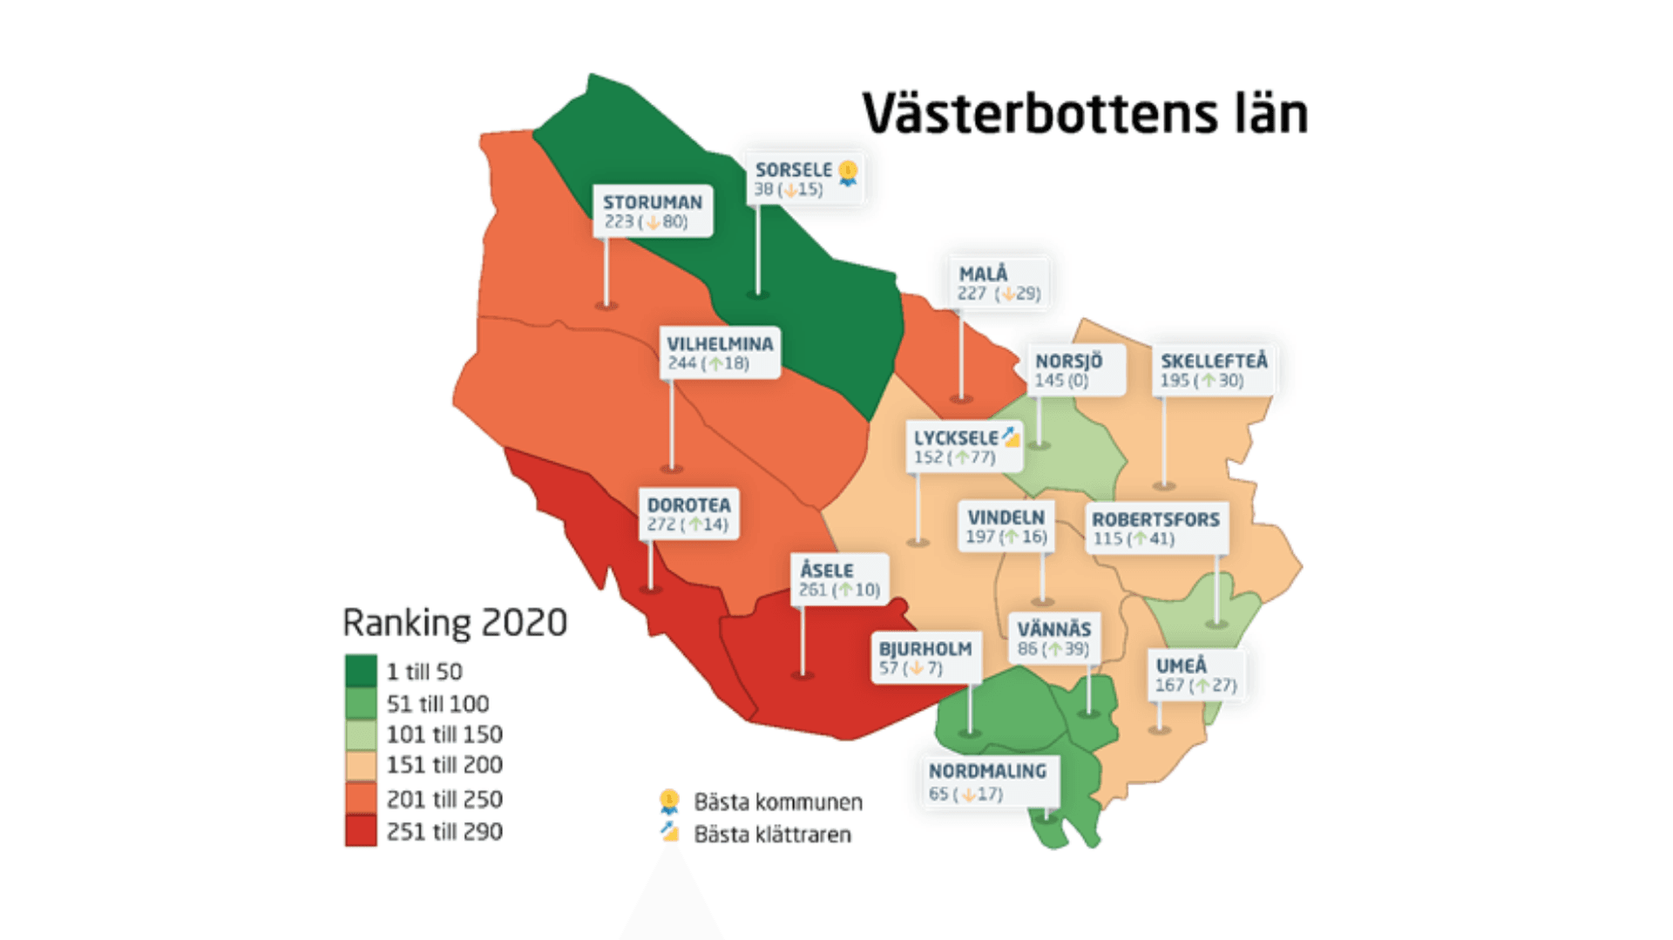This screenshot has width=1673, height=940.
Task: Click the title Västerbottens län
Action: [x=1085, y=113]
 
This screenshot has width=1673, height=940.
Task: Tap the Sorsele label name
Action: [x=793, y=170]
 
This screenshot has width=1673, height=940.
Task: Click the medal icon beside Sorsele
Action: [x=848, y=172]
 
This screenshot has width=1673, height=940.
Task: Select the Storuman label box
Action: [x=653, y=211]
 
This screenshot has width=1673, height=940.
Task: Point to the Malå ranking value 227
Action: [x=972, y=294]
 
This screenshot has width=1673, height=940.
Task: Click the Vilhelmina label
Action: [x=720, y=352]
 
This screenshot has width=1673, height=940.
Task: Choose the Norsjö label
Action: [x=1068, y=369]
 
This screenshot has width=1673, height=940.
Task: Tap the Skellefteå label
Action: [x=1213, y=369]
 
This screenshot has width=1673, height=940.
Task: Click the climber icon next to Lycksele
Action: [x=1010, y=436]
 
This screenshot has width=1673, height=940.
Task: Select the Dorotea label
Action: [x=688, y=514]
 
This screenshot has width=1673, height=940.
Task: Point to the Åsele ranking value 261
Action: [x=812, y=590]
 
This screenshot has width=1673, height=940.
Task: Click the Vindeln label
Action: [x=1006, y=526]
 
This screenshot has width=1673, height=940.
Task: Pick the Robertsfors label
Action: [x=1155, y=528]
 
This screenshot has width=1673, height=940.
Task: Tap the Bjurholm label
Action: [x=925, y=658]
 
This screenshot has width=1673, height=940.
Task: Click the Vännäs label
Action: [x=1053, y=638]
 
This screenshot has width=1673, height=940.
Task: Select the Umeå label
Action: [x=1195, y=674]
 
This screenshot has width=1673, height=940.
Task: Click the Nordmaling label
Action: [x=987, y=781]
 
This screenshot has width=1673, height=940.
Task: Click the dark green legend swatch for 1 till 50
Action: [x=361, y=671]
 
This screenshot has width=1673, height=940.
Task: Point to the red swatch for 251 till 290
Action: [x=361, y=831]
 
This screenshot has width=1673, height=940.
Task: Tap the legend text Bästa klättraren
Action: [x=772, y=835]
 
